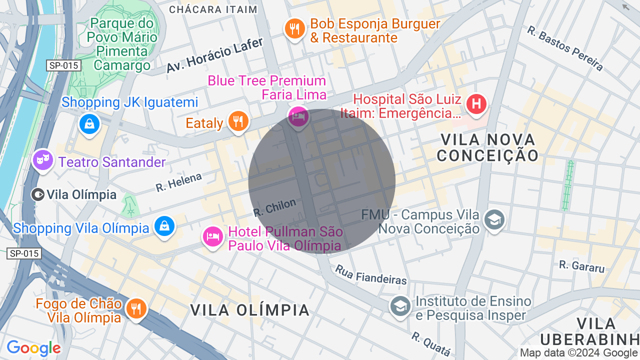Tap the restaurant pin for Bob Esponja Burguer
pos(295,28)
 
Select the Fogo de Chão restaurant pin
pos(135,308)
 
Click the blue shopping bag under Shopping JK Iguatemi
pos(89,123)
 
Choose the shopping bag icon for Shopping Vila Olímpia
pos(164,226)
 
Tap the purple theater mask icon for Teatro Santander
pos(43,160)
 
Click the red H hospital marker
pos(476,104)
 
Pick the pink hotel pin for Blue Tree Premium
pos(298,117)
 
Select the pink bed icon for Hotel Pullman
pos(212,236)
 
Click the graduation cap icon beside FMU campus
pos(494,220)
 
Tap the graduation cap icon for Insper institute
pos(400,306)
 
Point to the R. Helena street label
pos(178,182)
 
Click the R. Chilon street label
pos(274,207)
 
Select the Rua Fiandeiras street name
pos(371,274)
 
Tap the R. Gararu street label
pos(581,266)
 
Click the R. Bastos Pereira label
pos(564,48)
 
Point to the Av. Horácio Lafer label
pos(214,55)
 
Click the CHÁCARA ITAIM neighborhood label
pos(213,9)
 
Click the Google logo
pos(33,348)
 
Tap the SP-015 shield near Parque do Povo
pos(64,65)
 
